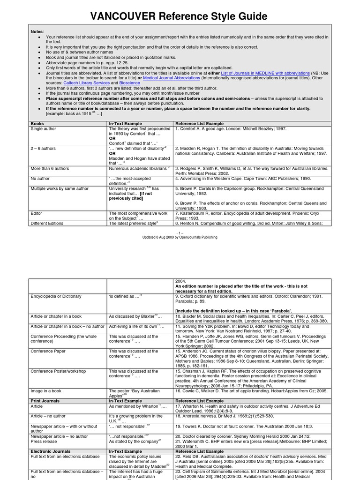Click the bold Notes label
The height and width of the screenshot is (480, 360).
(37, 31)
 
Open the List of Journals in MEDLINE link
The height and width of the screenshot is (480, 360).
(273, 73)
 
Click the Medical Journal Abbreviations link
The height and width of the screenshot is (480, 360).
(171, 78)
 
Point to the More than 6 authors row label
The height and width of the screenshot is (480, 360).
(50, 168)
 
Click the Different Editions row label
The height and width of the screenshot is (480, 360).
(47, 224)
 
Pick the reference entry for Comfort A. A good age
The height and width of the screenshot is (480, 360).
(230, 128)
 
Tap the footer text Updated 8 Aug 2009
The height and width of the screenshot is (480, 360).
(180, 237)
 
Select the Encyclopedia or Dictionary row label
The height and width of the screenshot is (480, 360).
(56, 296)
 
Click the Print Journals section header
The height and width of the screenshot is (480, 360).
(45, 401)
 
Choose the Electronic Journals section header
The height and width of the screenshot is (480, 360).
(50, 451)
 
